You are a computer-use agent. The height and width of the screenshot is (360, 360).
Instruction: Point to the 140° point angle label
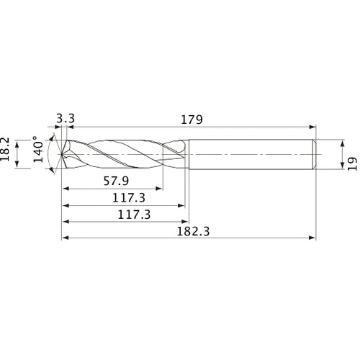tap(38, 154)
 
